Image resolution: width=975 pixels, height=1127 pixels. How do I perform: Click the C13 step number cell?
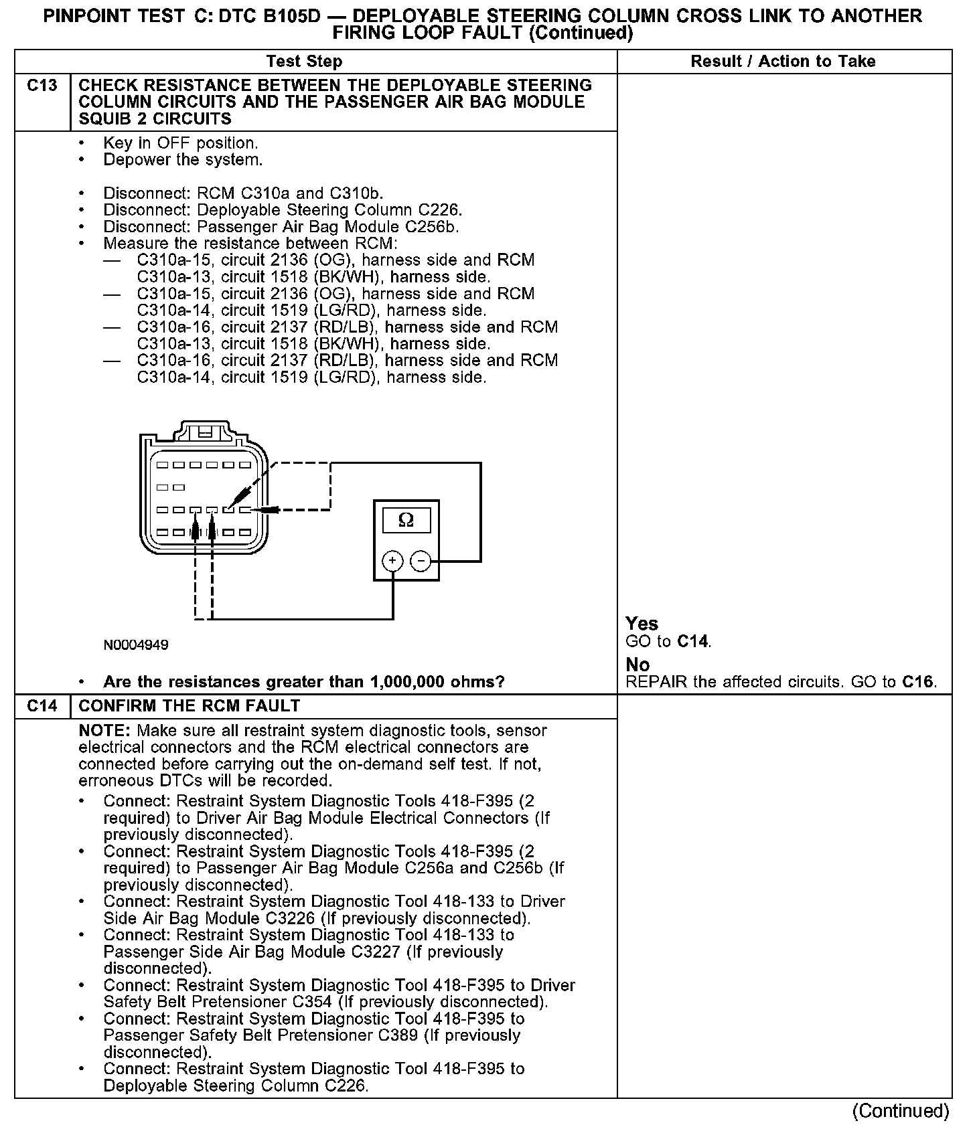pos(42,86)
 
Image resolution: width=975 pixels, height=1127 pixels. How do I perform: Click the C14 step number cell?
pos(42,706)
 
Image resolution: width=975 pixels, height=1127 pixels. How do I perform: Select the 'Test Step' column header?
pos(304,62)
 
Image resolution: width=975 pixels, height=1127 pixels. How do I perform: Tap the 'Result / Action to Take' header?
pos(783,62)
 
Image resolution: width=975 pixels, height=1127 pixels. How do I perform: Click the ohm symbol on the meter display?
pos(406,520)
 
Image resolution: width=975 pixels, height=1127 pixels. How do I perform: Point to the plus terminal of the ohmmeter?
pos(392,561)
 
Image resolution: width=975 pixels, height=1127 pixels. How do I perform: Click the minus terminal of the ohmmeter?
pos(421,561)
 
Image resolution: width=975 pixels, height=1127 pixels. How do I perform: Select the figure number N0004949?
pos(136,645)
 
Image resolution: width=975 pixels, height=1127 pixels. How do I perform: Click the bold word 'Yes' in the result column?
pos(642,624)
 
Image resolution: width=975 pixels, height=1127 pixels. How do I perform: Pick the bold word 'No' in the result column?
pos(637,665)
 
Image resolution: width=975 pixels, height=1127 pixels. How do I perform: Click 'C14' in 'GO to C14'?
pos(692,641)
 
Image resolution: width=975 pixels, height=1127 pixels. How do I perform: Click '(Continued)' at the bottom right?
pos(901,1111)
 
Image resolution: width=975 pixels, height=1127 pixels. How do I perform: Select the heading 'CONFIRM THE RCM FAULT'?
pos(190,706)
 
